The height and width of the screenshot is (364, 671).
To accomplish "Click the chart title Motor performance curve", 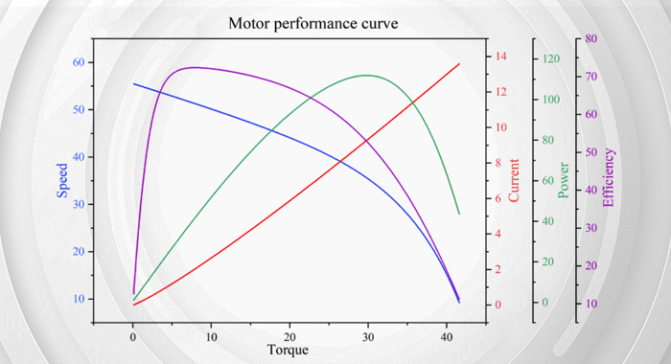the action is click(x=312, y=23).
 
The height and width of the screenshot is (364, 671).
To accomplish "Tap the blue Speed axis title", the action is click(x=62, y=180).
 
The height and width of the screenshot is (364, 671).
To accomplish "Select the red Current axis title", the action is click(x=513, y=180).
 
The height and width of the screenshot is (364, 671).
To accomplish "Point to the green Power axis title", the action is click(x=564, y=180).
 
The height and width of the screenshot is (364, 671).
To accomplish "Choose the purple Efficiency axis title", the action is click(x=608, y=177).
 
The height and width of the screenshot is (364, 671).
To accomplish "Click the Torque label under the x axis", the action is click(x=288, y=350).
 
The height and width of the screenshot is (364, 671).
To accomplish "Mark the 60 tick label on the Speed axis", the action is click(x=79, y=62).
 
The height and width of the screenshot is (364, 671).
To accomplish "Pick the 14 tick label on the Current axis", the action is click(x=500, y=56).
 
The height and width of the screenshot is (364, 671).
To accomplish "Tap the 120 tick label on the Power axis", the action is click(x=551, y=58).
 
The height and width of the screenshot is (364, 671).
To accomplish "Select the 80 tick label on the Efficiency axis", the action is click(x=591, y=38).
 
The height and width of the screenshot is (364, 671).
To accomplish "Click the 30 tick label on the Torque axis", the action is click(x=368, y=337).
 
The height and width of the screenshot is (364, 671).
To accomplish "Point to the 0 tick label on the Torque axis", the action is click(x=132, y=337).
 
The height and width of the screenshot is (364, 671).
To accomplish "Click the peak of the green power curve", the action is click(x=367, y=76).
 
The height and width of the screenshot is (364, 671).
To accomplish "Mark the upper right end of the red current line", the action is click(x=459, y=64).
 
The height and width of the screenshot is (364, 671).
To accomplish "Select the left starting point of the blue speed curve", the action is click(x=133, y=84).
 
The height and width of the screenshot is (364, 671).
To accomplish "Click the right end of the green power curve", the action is click(x=459, y=214).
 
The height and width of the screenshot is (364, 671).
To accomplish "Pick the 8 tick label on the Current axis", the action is click(x=498, y=163).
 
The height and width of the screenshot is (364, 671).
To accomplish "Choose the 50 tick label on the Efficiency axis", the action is click(x=591, y=152).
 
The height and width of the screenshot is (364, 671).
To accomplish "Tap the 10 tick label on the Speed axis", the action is click(x=79, y=299).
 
